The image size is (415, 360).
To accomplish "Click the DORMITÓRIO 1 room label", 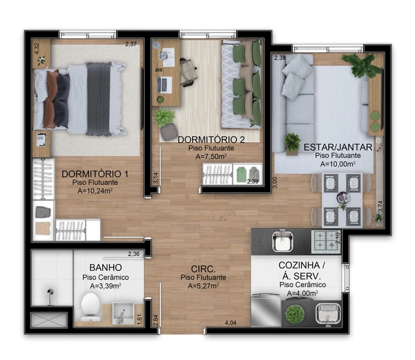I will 95,174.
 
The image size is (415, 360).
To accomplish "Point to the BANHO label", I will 106,267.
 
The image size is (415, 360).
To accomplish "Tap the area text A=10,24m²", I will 95,191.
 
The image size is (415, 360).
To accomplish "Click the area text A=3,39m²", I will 106,286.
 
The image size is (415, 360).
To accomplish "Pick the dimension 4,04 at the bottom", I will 230,323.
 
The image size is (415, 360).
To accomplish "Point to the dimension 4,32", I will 37,47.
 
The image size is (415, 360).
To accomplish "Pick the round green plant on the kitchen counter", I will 294,313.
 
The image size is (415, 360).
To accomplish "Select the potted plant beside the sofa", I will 292,142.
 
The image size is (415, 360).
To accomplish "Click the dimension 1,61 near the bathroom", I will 139,318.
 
